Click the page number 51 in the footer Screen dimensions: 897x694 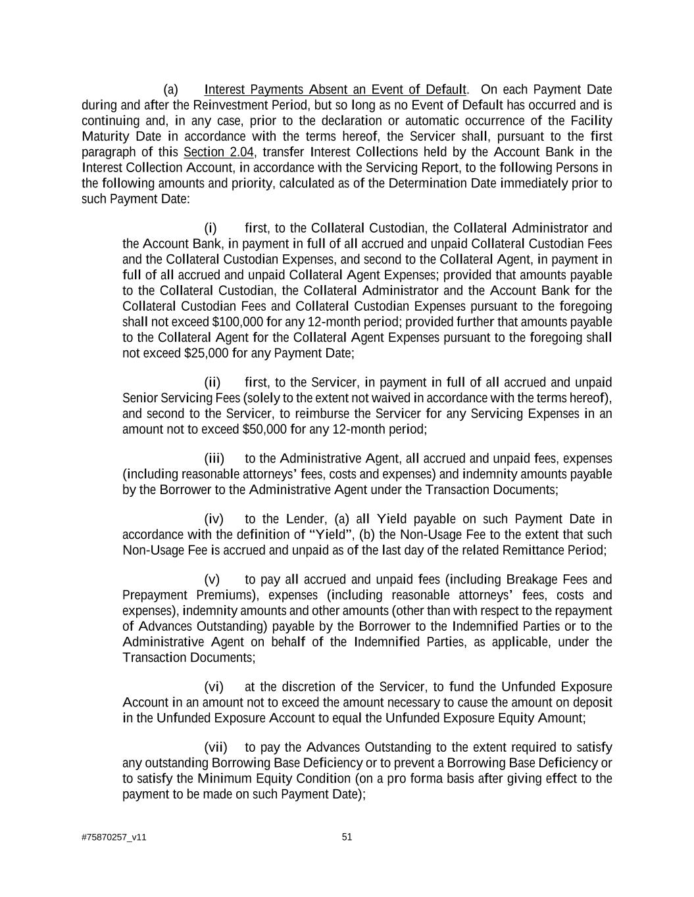coord(347,837)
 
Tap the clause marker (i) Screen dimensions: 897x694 coord(211,229)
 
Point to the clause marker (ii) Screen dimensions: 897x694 coord(212,383)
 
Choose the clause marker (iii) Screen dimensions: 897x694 coord(214,459)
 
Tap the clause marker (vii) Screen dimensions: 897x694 coord(216,748)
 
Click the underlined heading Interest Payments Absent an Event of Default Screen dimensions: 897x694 coord(335,90)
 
